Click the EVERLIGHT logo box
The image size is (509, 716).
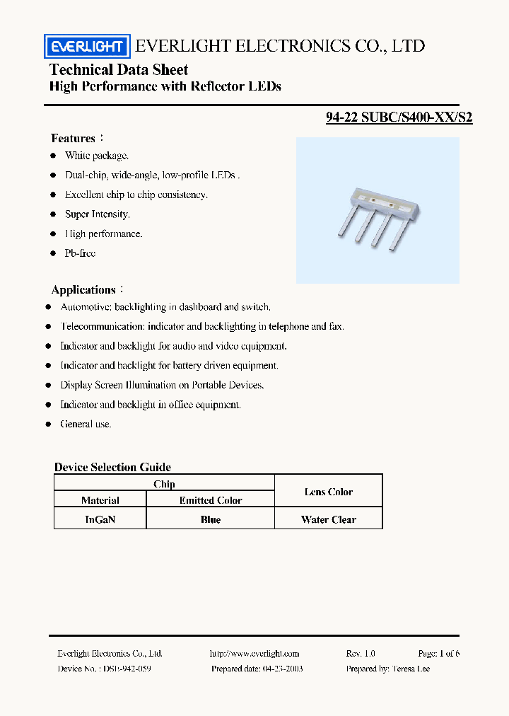click(x=87, y=47)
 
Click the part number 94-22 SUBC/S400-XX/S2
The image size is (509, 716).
click(x=399, y=118)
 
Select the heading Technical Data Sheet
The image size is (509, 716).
click(x=119, y=69)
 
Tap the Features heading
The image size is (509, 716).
click(x=73, y=139)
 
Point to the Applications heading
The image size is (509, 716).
click(x=83, y=290)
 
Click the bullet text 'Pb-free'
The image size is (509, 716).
click(x=80, y=253)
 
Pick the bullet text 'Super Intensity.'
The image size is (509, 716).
click(x=98, y=214)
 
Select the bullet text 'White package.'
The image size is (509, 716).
click(x=97, y=156)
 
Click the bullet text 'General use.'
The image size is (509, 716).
click(x=86, y=425)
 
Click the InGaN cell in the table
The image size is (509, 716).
click(x=100, y=519)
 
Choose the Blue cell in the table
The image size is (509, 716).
click(x=210, y=519)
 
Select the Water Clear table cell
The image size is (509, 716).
click(x=328, y=519)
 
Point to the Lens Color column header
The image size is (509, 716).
click(x=328, y=492)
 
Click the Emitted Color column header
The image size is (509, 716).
click(x=210, y=500)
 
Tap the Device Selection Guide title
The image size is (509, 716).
click(x=112, y=467)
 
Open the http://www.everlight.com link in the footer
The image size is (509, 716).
click(x=255, y=654)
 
